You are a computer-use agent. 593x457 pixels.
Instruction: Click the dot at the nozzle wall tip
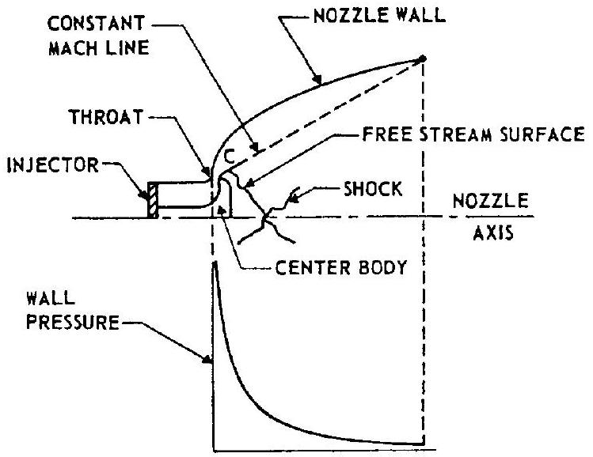tap(423, 58)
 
